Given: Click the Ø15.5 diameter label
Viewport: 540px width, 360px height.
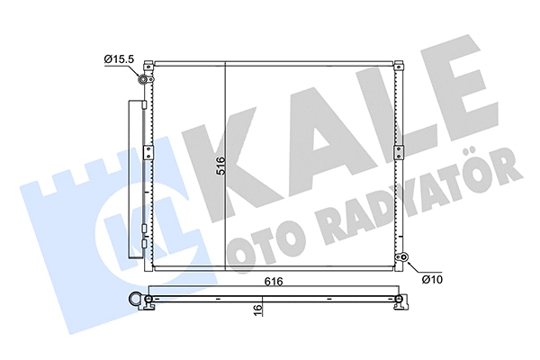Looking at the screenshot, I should (x=119, y=60).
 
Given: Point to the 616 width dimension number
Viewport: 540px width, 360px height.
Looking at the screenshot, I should (x=275, y=282).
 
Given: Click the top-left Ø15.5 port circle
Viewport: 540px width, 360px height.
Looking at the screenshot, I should (x=143, y=81).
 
